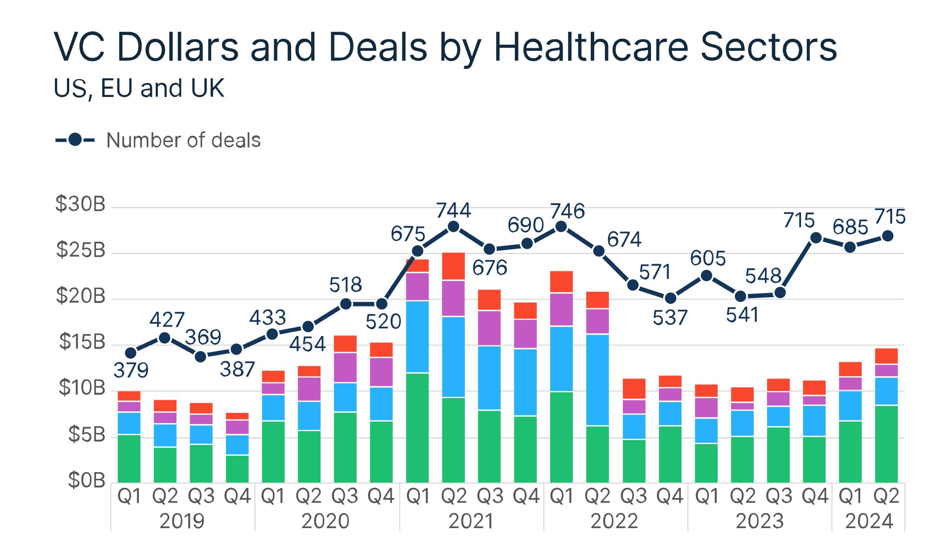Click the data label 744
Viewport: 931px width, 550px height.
453,210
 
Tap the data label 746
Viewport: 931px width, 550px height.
567,211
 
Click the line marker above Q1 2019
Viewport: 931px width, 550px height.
130,353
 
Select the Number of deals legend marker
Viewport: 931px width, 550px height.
75,140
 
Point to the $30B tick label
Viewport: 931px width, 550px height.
80,204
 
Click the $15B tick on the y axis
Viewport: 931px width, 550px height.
82,342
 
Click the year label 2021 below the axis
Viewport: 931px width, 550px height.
471,521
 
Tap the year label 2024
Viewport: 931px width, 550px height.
869,521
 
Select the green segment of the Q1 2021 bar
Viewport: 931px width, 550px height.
417,428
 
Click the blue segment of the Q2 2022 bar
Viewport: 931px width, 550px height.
597,380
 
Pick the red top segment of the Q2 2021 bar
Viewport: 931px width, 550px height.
453,266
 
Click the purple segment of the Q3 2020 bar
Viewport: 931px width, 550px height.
345,368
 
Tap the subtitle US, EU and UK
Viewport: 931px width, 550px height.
139,88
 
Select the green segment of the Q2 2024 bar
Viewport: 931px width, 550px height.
886,444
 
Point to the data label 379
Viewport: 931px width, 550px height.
131,370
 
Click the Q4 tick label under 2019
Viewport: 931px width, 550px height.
237,496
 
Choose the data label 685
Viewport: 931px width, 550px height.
850,227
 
